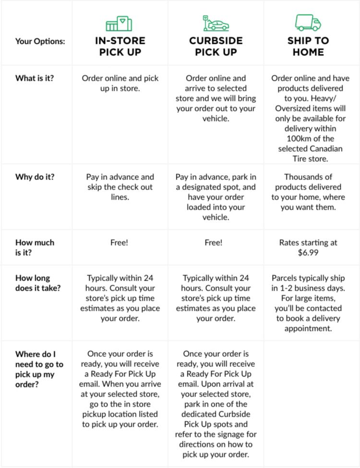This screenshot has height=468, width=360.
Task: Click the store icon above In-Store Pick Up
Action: pos(119,24)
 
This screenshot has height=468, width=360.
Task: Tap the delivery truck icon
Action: pos(308,22)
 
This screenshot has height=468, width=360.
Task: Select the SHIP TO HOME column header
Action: pos(308,46)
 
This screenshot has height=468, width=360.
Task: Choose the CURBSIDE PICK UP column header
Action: pos(216,46)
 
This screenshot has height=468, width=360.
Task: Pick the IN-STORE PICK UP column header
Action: pos(120,46)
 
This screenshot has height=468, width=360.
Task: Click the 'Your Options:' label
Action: pos(40,41)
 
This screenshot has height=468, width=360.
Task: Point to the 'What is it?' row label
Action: pos(35,78)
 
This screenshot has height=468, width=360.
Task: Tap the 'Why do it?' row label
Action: pos(35,177)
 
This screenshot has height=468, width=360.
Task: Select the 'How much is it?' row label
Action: pos(35,247)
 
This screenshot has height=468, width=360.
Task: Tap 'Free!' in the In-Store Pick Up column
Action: pos(120,243)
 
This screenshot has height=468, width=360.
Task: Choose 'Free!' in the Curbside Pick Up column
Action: pos(214,243)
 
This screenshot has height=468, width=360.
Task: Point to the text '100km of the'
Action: pos(311,139)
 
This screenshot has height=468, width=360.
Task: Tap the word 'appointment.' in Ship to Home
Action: pos(308,329)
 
